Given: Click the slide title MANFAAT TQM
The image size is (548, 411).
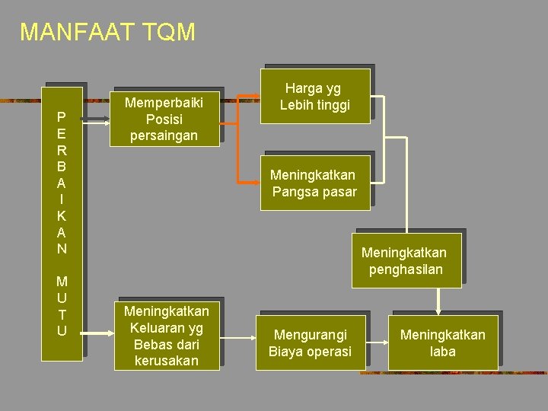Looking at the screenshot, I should (x=107, y=32).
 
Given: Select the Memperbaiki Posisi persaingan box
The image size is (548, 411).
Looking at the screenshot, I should (x=166, y=119).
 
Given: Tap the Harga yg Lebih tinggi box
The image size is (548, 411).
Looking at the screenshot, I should (x=314, y=96).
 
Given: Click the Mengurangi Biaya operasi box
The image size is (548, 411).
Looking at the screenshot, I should (x=310, y=342).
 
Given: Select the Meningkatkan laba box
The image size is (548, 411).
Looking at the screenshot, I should (x=442, y=342).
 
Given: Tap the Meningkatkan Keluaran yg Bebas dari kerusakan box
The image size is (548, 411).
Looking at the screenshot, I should (x=166, y=335).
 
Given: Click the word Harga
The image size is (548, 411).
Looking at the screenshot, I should (x=304, y=88).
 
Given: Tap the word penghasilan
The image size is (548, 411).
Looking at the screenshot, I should (x=405, y=269).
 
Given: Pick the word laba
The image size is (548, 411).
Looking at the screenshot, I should (x=442, y=351).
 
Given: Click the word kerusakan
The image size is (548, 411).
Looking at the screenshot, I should (x=166, y=360).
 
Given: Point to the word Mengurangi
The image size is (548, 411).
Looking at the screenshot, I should (x=310, y=334).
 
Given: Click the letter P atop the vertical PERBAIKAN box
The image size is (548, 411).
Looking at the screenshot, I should (x=62, y=117).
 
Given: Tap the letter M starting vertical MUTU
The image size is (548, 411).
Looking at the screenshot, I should (x=62, y=282).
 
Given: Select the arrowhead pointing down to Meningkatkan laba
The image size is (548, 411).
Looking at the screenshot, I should (x=438, y=308).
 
